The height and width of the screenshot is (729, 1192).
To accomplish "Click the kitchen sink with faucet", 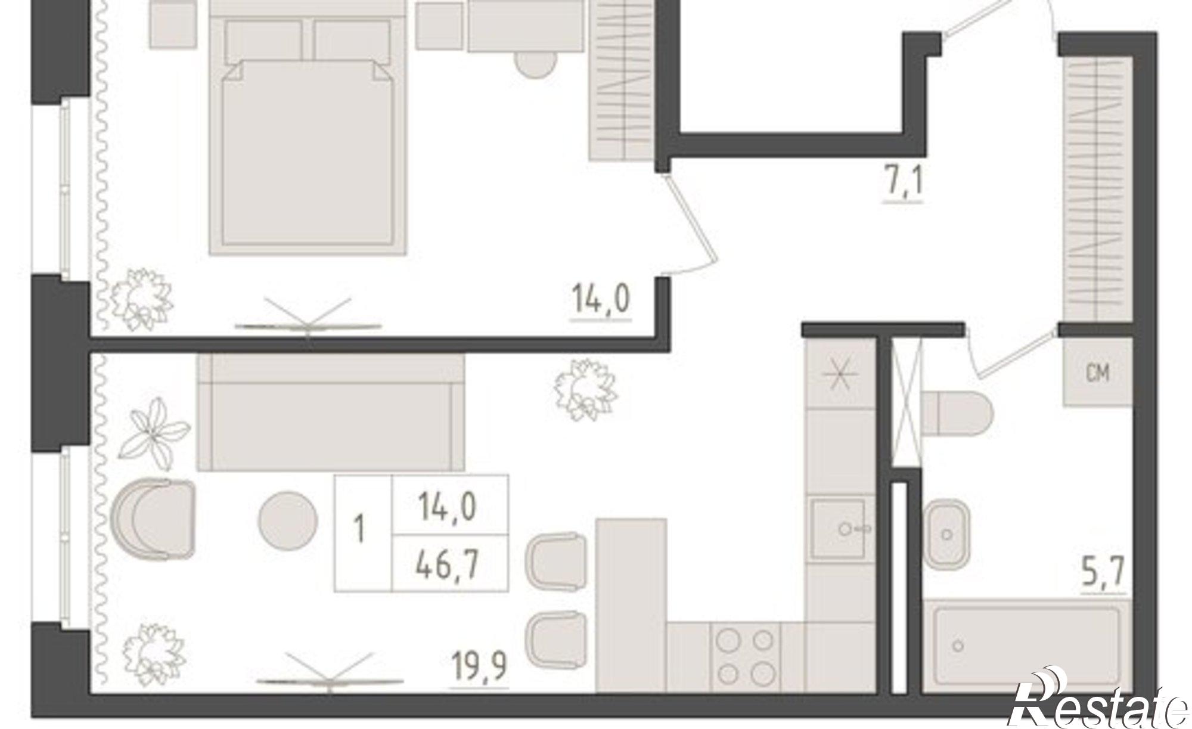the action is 838,528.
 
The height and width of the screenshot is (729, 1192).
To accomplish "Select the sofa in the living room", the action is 331,412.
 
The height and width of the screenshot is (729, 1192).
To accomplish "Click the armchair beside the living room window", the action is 154,519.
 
